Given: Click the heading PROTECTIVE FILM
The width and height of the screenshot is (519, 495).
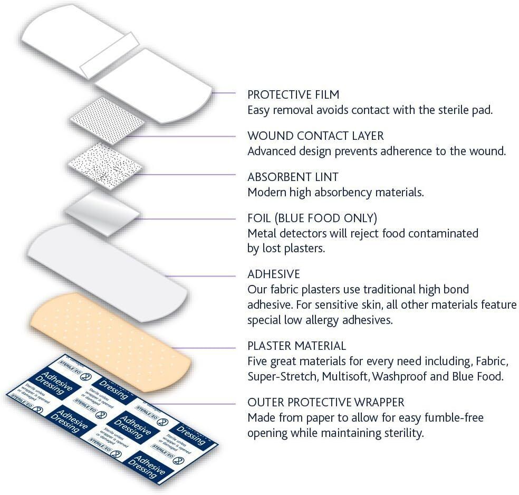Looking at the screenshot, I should (x=293, y=95).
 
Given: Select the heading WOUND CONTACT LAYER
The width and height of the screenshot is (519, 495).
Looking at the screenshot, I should (x=315, y=136).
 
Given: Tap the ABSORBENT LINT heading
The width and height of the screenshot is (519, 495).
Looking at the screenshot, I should (x=293, y=177).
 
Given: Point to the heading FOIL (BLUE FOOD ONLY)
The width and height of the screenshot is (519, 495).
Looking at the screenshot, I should (x=312, y=218).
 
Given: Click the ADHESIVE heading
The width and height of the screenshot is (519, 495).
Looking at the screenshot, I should (x=273, y=274).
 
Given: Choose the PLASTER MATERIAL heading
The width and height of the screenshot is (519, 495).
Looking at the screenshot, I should (x=296, y=346).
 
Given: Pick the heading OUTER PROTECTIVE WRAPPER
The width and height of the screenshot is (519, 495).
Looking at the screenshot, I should (x=325, y=403).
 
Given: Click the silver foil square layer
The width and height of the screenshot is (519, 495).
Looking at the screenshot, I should (x=102, y=210).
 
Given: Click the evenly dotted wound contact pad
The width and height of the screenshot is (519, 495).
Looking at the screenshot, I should (x=108, y=122).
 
